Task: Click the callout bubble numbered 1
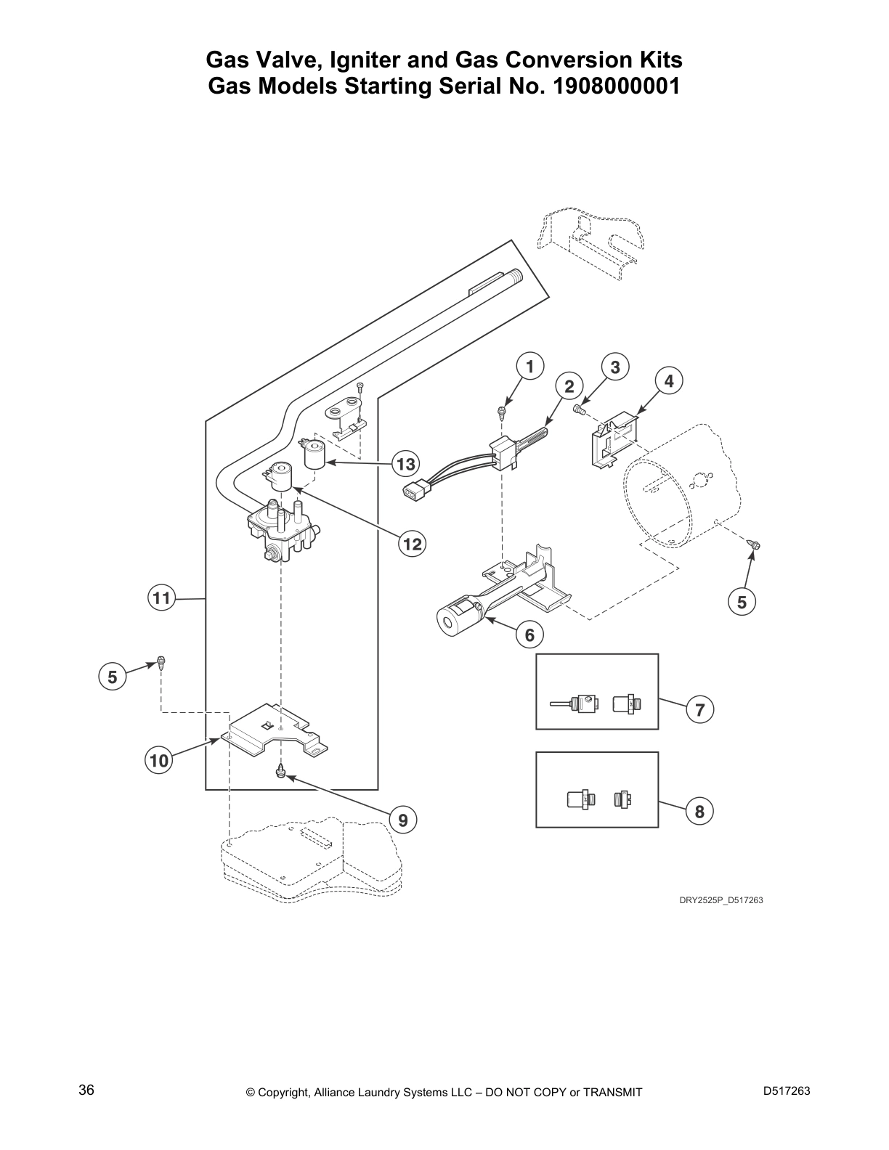[530, 366]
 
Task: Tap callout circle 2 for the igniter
[569, 387]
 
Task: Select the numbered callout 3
[615, 367]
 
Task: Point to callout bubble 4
[669, 380]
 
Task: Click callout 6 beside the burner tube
[530, 635]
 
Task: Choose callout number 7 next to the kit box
[700, 710]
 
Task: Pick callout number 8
[699, 811]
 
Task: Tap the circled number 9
[403, 820]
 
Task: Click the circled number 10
[159, 760]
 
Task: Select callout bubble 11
[161, 598]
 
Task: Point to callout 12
[413, 544]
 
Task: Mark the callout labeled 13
[405, 464]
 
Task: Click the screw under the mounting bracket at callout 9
[281, 773]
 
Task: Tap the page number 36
[86, 1090]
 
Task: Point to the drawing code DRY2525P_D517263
[721, 900]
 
